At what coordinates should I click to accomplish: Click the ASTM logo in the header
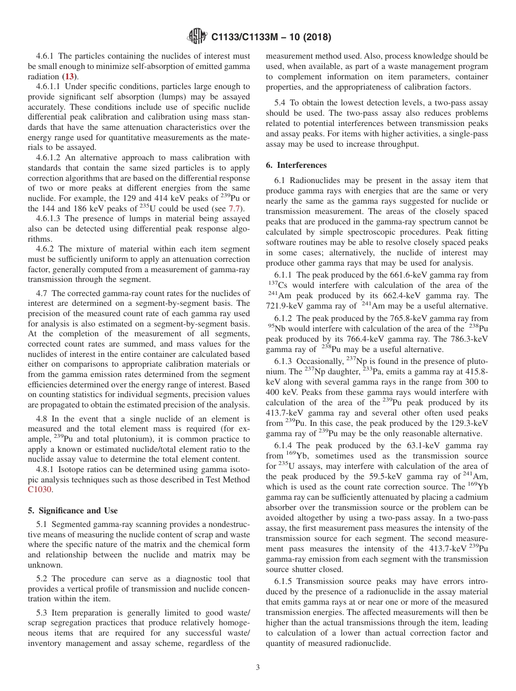197,37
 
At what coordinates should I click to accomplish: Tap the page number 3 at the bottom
258,668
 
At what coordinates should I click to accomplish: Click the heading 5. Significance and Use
72,511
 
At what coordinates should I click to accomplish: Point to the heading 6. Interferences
296,165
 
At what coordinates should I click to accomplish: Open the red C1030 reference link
39,489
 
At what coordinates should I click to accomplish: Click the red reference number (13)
70,77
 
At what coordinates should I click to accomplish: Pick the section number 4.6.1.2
51,158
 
